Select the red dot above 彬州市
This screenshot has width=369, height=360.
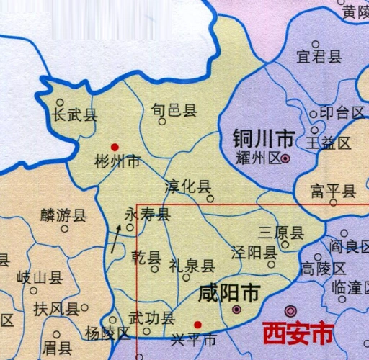click(x=115, y=147)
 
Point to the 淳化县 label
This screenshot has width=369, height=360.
click(x=188, y=184)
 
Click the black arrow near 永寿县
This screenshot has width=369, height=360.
click(x=115, y=238)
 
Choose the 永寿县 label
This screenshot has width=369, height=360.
click(x=148, y=215)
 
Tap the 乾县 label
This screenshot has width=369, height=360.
click(x=147, y=258)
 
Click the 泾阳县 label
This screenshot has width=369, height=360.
click(x=254, y=253)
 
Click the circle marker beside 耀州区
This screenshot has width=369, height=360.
click(x=286, y=158)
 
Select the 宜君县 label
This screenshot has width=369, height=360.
click(x=319, y=57)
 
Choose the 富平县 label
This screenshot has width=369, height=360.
click(x=334, y=191)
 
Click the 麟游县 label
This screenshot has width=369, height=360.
click(x=63, y=215)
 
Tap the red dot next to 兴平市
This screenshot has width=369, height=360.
click(x=197, y=324)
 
